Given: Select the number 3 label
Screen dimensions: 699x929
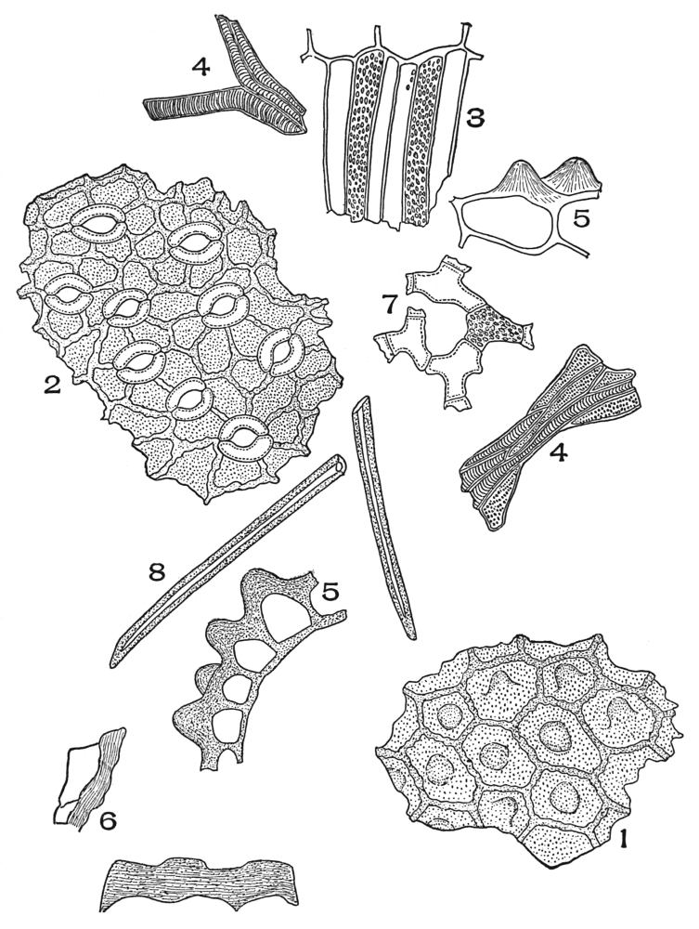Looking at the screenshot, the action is coord(474,119).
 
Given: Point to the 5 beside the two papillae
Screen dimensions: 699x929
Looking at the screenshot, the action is coord(580,219).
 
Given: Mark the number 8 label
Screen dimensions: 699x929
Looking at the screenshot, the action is coord(156,571).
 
